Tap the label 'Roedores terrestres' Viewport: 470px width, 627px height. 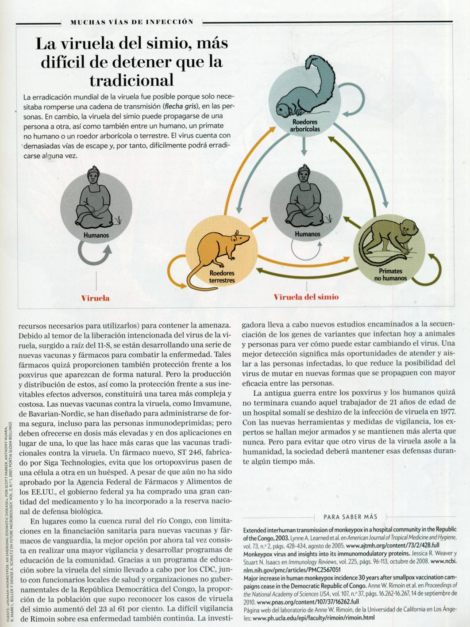[222, 277]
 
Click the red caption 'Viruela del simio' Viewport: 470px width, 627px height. [306, 297]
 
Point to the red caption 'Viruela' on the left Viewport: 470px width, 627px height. [95, 298]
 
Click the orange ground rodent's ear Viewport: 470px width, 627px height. [237, 233]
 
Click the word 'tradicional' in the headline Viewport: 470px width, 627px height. [131, 80]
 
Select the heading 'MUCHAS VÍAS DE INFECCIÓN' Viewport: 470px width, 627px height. [132, 22]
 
